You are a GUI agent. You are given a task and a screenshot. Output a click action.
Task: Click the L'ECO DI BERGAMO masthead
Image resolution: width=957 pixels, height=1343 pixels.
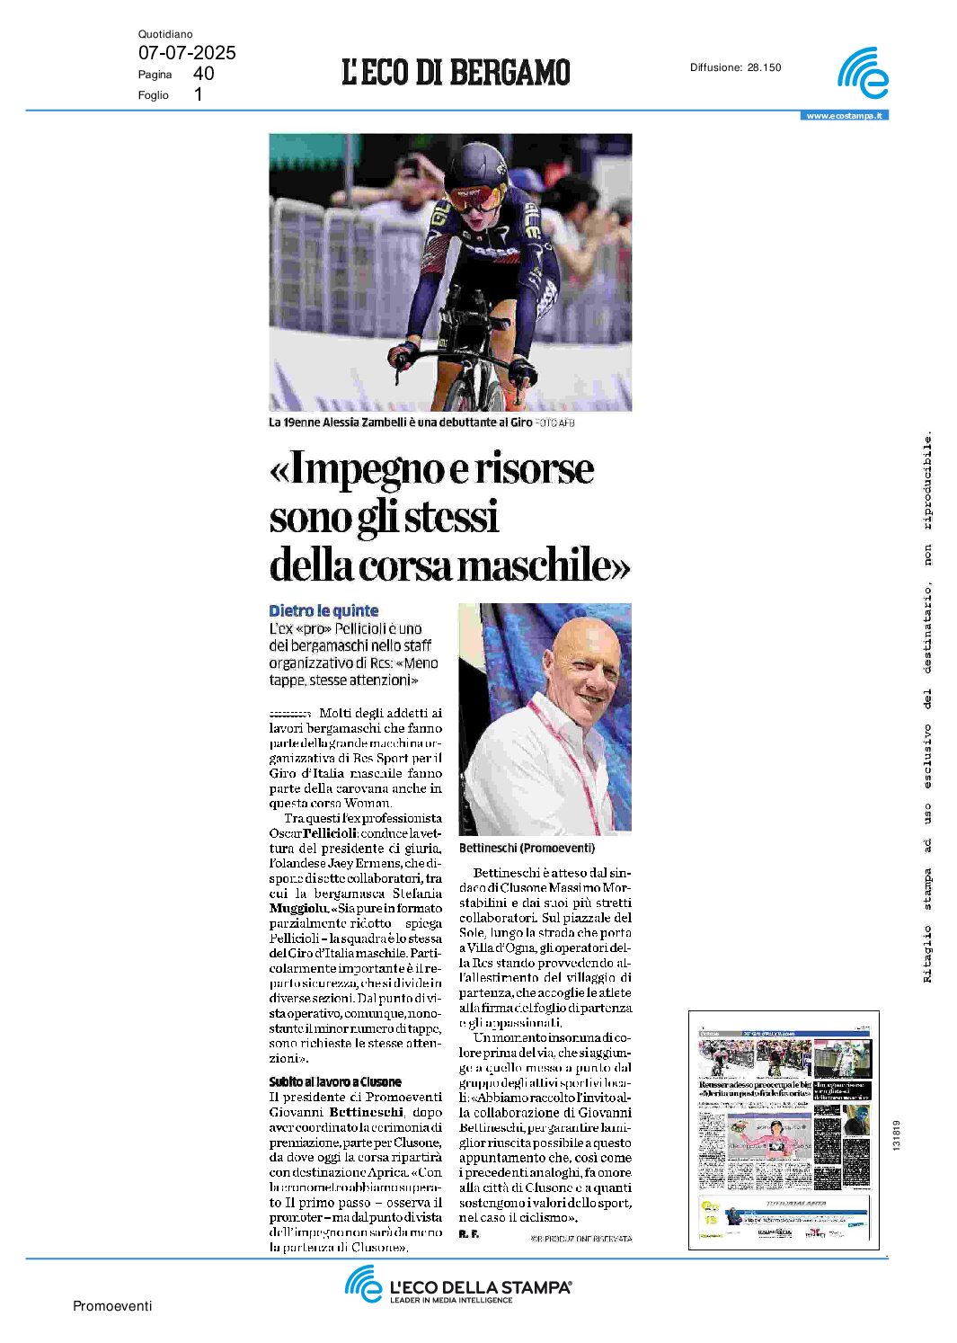pos(456,72)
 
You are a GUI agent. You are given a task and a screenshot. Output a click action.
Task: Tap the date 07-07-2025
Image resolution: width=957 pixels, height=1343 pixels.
pos(187,53)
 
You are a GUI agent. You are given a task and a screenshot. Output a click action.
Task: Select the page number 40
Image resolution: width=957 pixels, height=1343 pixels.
pos(203,74)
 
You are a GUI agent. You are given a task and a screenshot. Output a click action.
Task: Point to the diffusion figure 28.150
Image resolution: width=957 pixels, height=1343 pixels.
pos(764,67)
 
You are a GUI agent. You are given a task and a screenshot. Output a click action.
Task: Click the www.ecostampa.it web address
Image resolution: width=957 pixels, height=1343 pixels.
pos(844,116)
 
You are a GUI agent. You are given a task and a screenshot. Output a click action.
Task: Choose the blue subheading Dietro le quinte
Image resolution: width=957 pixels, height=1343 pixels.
pos(323,610)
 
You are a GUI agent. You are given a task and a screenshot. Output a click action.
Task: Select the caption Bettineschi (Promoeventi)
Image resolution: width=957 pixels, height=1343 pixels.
pos(527,848)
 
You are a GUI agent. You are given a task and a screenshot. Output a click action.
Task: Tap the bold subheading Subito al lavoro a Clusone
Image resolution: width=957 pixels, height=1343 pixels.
pos(335,1081)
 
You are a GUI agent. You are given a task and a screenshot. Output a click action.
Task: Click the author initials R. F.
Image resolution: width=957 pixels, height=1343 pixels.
pos(468,1233)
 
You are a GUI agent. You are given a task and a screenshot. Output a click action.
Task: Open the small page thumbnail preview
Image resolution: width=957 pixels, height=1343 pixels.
pos(784,1129)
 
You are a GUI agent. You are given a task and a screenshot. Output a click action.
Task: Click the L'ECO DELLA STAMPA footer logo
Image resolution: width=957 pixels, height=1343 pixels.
pos(458,1285)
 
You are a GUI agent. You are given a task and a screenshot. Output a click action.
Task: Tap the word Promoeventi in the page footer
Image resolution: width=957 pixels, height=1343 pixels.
pos(112,1306)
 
